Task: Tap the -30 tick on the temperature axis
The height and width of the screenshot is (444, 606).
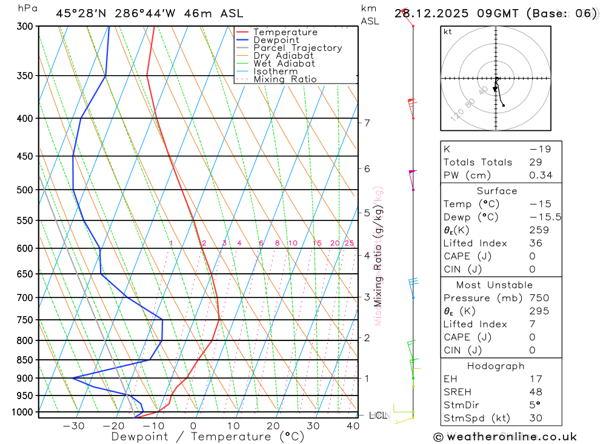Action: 73,426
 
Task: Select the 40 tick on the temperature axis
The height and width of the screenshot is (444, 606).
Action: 352,426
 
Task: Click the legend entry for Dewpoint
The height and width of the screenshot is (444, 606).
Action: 276,40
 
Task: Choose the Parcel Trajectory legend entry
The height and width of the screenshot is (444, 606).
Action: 297,48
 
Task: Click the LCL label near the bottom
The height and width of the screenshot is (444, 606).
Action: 378,416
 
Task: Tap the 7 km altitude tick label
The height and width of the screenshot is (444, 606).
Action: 367,123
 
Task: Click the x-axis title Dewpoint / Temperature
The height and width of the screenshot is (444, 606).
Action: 208,436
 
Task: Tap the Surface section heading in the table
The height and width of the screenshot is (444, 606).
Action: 497,191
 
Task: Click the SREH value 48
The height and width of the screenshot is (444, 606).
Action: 535,392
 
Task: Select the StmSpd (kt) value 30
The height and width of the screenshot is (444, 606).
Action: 535,418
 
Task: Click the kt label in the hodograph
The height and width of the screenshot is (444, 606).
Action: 448,31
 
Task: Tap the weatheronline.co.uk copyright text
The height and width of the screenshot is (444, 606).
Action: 505,437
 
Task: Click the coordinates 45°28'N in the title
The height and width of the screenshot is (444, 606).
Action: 79,13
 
